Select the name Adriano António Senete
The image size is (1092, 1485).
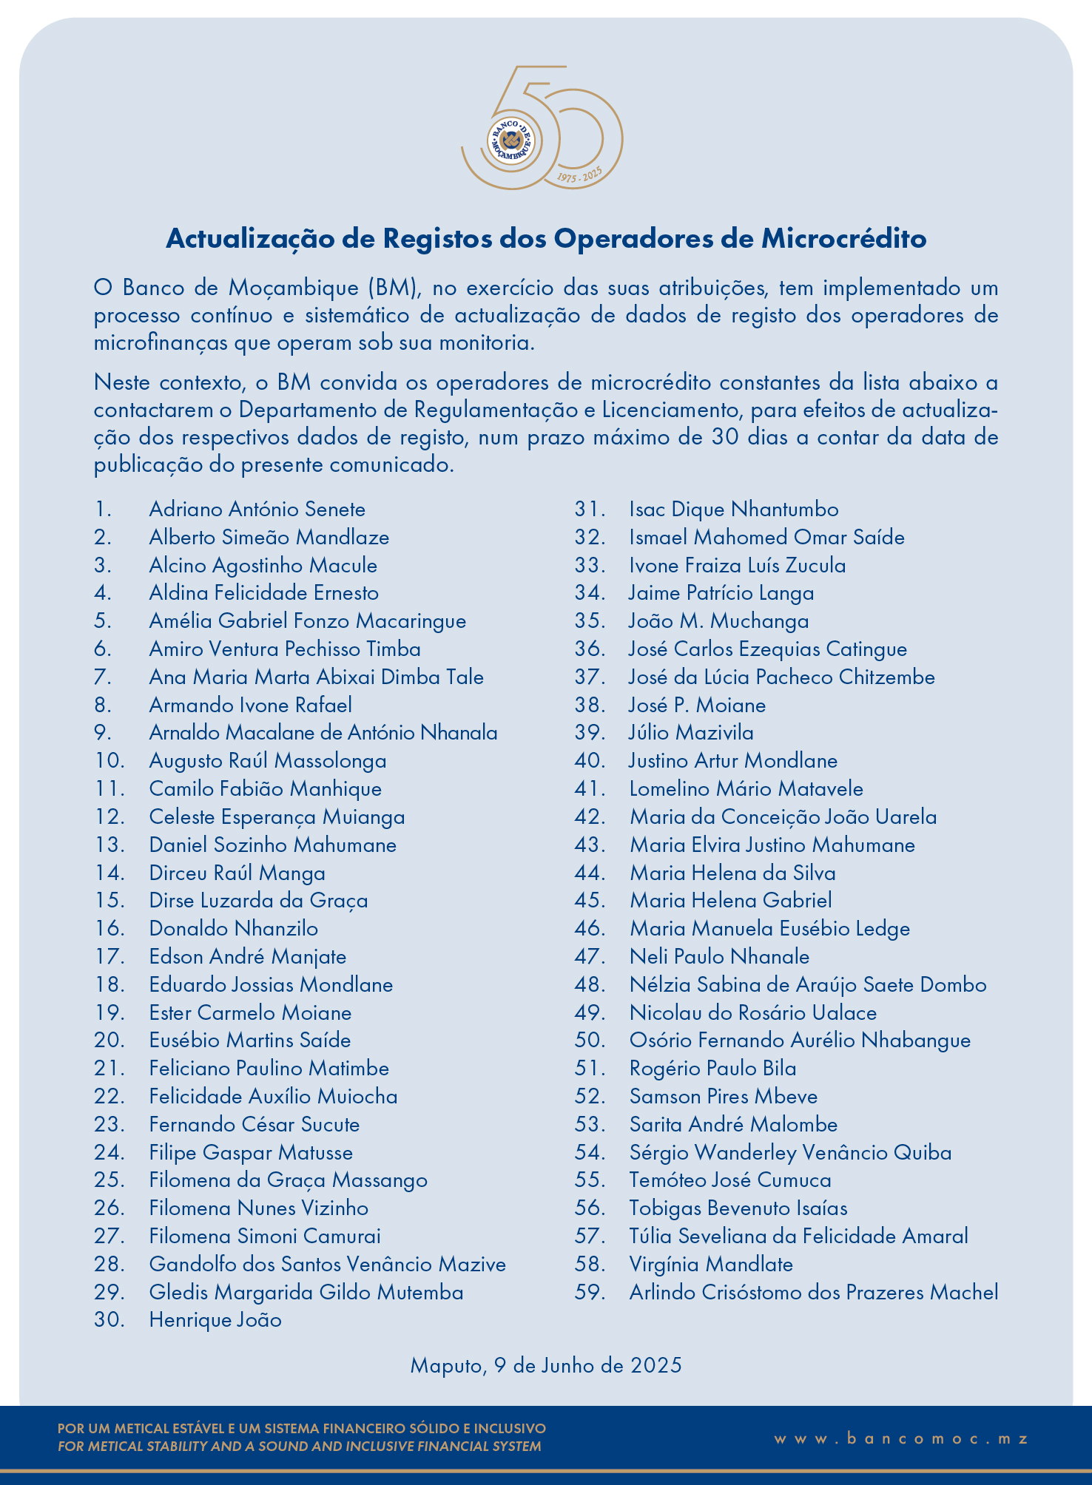pyautogui.click(x=257, y=510)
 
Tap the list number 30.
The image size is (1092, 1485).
pyautogui.click(x=109, y=1320)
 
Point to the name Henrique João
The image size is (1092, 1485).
pyautogui.click(x=215, y=1320)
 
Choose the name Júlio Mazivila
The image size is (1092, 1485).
pyautogui.click(x=691, y=733)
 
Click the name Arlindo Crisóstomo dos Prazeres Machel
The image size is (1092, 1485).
pyautogui.click(x=813, y=1293)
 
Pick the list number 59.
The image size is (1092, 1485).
pyautogui.click(x=590, y=1293)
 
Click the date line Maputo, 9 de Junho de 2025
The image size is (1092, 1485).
pyautogui.click(x=546, y=1365)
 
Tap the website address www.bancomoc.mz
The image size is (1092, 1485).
pyautogui.click(x=901, y=1438)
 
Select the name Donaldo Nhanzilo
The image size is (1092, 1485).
pyautogui.click(x=233, y=929)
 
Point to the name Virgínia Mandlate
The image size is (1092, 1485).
pyautogui.click(x=710, y=1265)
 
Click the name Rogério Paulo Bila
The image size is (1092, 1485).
pyautogui.click(x=712, y=1069)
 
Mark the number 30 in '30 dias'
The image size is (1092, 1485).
pyautogui.click(x=726, y=437)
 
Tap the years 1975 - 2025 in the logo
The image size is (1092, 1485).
pyautogui.click(x=579, y=175)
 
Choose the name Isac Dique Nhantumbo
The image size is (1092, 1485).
pyautogui.click(x=733, y=510)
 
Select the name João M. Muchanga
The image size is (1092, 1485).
pyautogui.click(x=718, y=621)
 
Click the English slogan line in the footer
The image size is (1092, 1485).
pyautogui.click(x=299, y=1447)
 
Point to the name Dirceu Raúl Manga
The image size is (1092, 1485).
pyautogui.click(x=237, y=873)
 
